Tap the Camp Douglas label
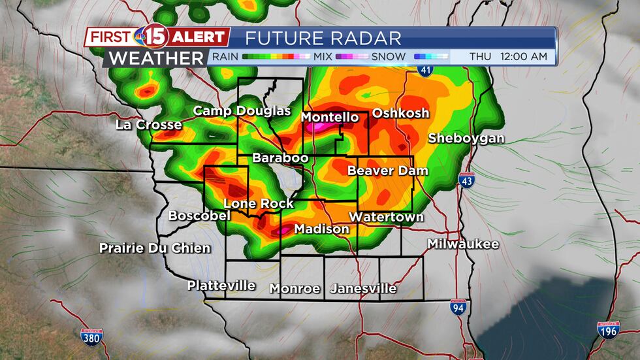(x=242, y=111)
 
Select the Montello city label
(x=330, y=118)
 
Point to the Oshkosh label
(x=400, y=113)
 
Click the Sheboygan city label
(x=466, y=138)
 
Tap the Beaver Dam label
(x=387, y=171)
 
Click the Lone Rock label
(x=259, y=204)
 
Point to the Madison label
(x=321, y=229)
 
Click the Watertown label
(x=386, y=217)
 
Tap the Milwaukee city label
(x=463, y=244)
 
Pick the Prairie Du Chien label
(x=155, y=248)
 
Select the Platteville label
(x=221, y=286)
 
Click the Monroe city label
(x=295, y=288)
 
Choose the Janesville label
(x=363, y=288)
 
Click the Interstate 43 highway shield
(x=466, y=181)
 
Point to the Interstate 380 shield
(x=90, y=336)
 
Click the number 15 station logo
(x=160, y=37)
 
